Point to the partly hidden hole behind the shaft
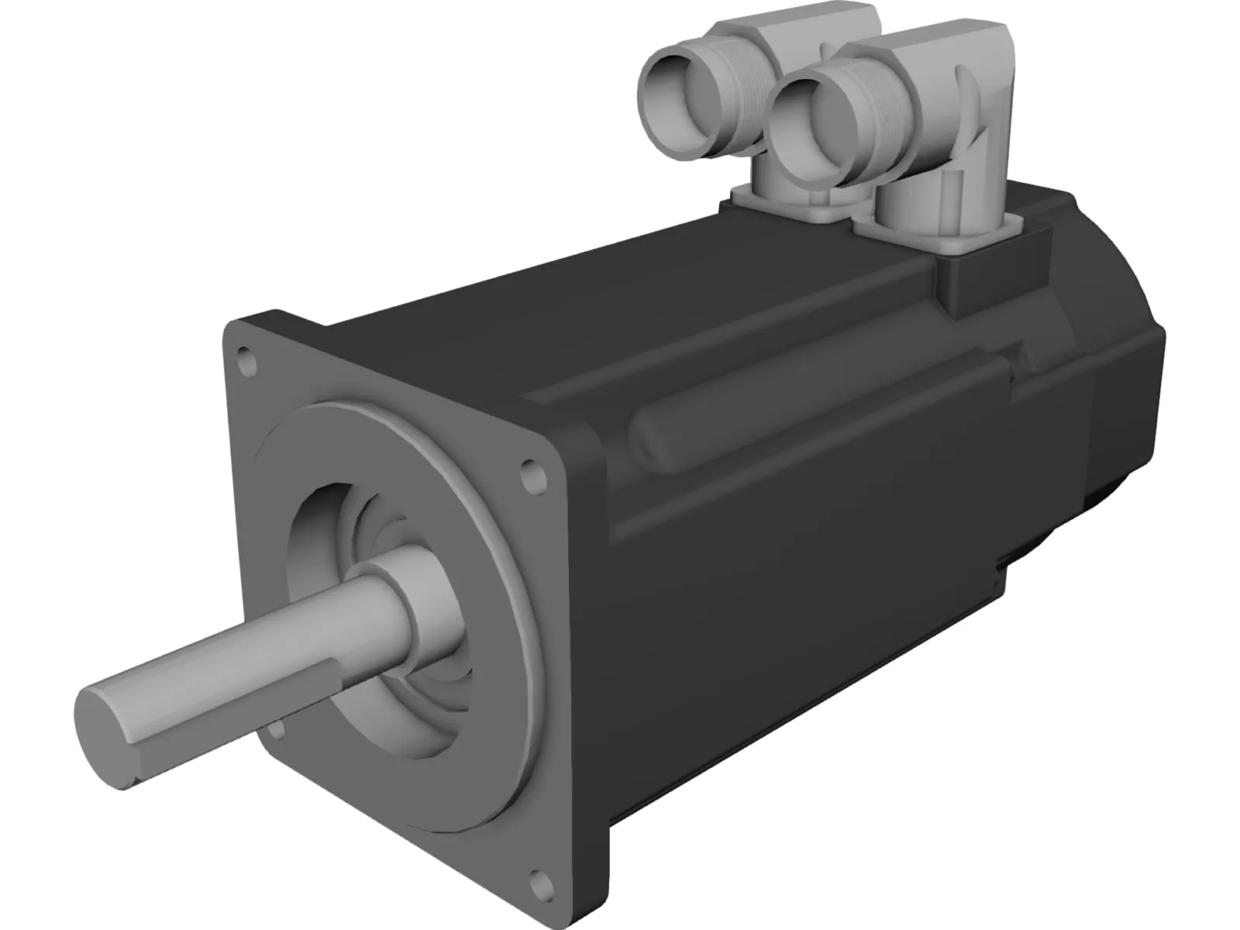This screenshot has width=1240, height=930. pos(275,728)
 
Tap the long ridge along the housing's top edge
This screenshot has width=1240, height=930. pos(736,325)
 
